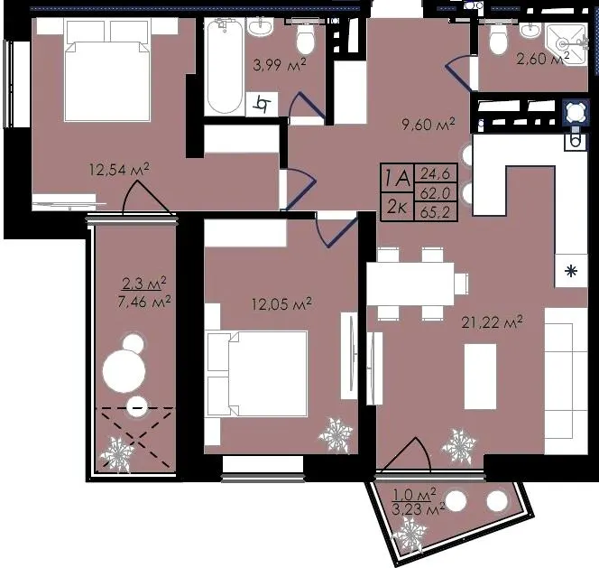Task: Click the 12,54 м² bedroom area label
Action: [119, 169]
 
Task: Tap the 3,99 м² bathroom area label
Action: [280, 64]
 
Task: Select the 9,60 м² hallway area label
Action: [429, 124]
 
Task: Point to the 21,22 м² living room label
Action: [492, 322]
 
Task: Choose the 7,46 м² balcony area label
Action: [144, 302]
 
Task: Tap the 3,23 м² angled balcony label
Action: [419, 509]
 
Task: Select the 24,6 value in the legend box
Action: [435, 174]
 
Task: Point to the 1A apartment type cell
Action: [397, 178]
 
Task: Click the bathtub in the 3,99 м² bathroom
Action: [225, 66]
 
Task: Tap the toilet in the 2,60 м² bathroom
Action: [498, 39]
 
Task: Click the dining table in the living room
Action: [410, 284]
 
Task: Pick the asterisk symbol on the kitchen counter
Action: [571, 271]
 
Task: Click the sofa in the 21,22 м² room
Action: [566, 381]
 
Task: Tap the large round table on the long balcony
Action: [124, 370]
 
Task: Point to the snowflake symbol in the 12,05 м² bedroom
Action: [336, 435]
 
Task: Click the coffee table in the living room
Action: [480, 377]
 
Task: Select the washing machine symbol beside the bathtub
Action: [262, 104]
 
